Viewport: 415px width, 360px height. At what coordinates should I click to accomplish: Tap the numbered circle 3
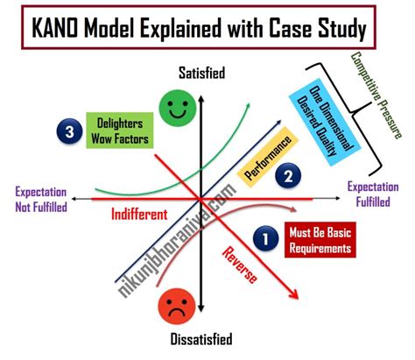tap(65, 132)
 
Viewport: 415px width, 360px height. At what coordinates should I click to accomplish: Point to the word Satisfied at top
tap(200, 74)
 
